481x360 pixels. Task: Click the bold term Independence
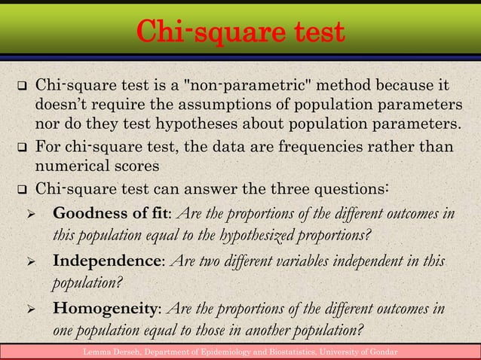tap(106, 261)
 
